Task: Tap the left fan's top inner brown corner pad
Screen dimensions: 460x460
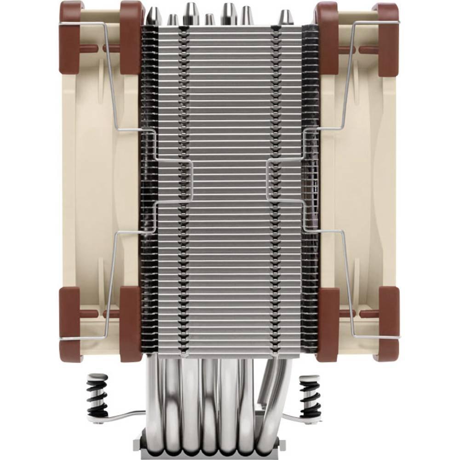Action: (x=131, y=37)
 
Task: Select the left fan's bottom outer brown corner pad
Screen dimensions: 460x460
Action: (x=70, y=324)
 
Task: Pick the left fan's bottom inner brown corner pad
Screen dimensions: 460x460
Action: (x=131, y=324)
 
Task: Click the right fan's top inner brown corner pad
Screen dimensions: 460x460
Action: (x=328, y=37)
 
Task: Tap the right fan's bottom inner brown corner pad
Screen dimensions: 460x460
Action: (x=328, y=324)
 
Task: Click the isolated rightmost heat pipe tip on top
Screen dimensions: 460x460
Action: (x=286, y=17)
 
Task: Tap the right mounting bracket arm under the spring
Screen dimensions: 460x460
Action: (x=294, y=416)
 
